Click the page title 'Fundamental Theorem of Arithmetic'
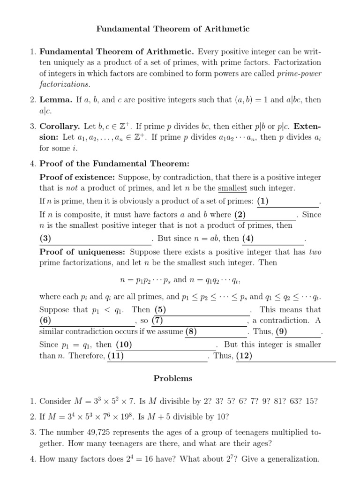coord(173,29)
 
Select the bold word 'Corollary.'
coord(60,127)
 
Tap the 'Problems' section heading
coord(173,378)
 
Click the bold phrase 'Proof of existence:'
coord(77,178)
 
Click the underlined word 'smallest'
coord(232,188)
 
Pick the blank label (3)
coord(45,238)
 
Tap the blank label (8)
coord(191,332)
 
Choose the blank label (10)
coord(124,345)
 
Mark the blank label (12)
coord(244,356)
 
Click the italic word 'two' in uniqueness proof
coord(315,252)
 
